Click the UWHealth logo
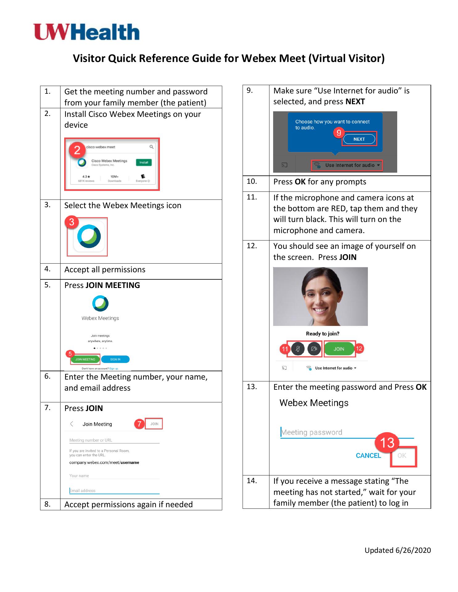87,32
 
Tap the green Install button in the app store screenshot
144,162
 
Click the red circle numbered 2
77,150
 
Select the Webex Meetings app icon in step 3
89,237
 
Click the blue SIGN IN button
115,359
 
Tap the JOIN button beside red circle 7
154,424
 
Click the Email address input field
114,491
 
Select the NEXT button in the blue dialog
359,139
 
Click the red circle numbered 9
339,133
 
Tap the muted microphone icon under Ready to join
298,349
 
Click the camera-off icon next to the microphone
314,349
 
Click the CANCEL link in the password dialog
368,456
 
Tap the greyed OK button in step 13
402,456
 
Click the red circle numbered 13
387,443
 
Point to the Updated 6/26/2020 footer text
398,550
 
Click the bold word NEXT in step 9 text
355,102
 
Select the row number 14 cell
256,492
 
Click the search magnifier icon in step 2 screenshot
152,147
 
